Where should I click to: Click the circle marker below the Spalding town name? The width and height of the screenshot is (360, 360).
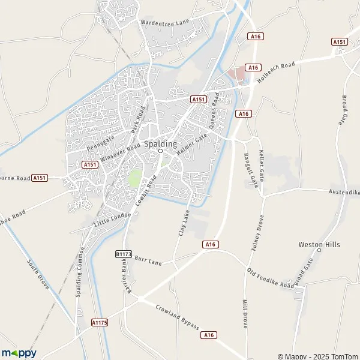coord(161,151)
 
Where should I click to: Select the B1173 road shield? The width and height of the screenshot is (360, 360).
coord(122,254)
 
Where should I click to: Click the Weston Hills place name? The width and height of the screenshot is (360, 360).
coord(319,245)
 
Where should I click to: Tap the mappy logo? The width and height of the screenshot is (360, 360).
coord(19,353)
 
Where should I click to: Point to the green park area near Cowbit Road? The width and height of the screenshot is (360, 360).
coord(136,178)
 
